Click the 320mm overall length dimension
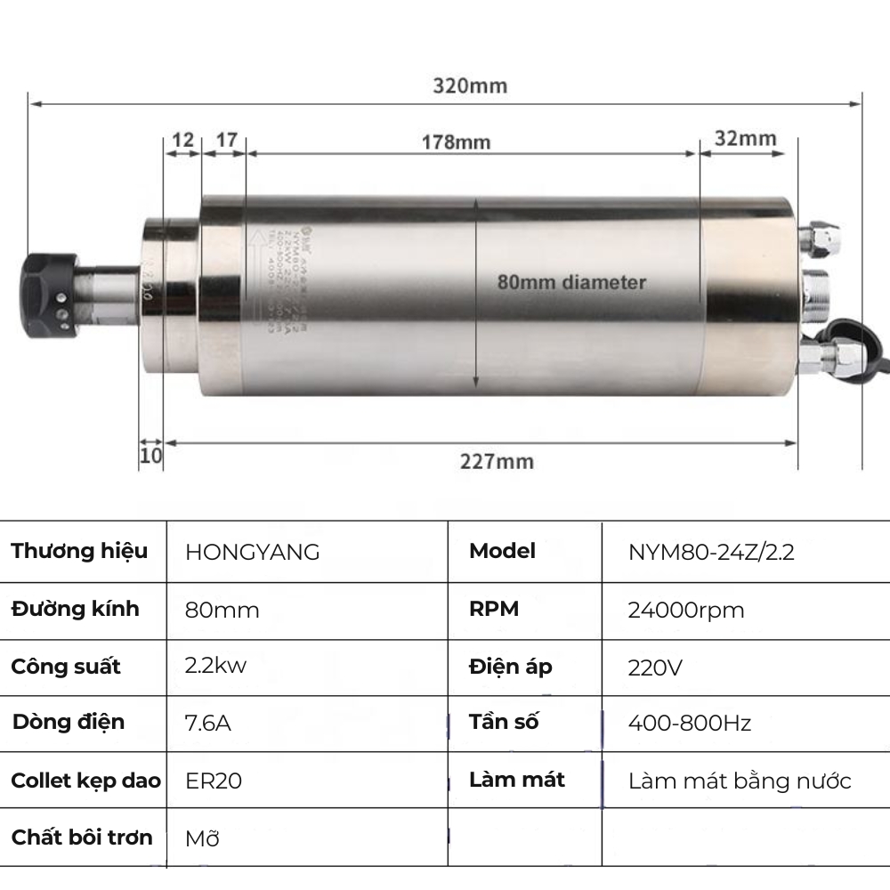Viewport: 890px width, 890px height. [470, 86]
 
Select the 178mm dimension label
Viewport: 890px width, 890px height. [456, 142]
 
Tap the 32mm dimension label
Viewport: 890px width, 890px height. [745, 139]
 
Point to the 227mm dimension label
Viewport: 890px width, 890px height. [497, 461]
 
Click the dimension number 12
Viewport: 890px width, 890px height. [182, 140]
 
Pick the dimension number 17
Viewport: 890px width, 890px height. [226, 140]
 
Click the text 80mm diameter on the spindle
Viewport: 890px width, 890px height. [570, 283]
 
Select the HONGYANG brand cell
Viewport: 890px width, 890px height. [252, 553]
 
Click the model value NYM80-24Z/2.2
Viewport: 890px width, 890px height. [711, 553]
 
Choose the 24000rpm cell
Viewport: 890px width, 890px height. [685, 611]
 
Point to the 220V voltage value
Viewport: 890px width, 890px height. [655, 667]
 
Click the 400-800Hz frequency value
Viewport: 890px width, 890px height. [689, 723]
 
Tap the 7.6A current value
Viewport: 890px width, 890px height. [208, 723]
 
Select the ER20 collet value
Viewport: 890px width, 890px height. [214, 781]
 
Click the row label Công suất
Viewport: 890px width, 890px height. [66, 667]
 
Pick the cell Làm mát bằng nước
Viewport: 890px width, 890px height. [739, 781]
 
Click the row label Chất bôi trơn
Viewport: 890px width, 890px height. [82, 837]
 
